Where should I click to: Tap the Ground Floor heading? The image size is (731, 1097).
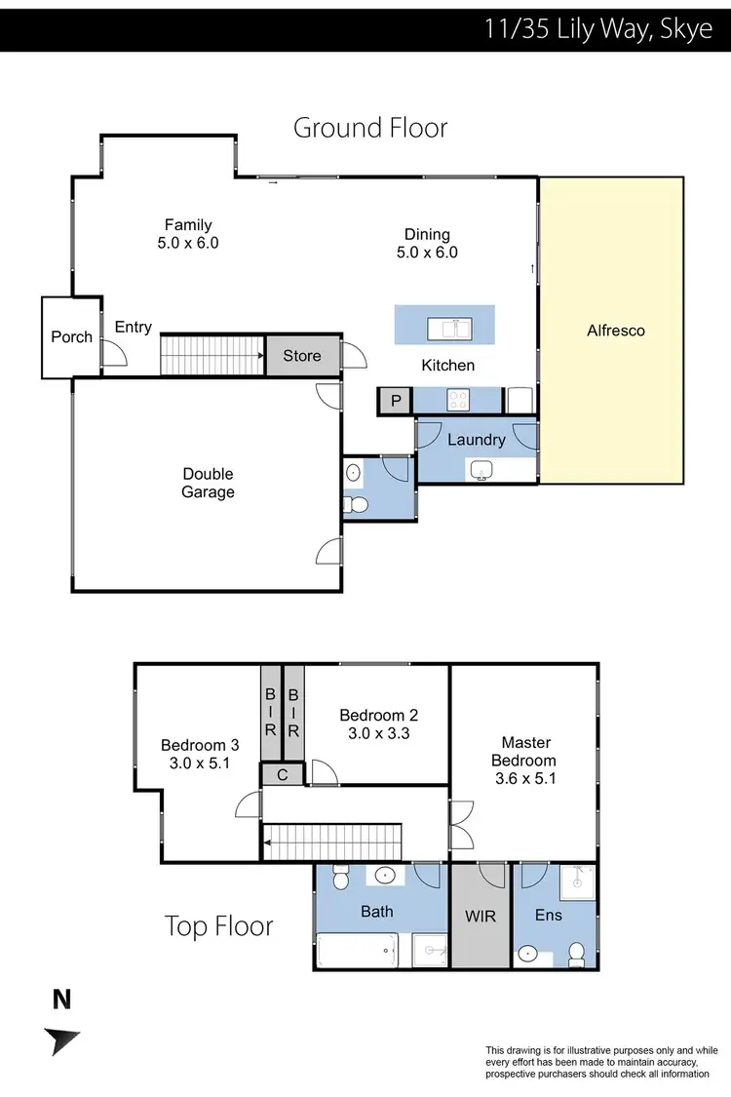370,128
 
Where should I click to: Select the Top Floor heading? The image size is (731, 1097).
218,925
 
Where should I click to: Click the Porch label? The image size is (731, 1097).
71,337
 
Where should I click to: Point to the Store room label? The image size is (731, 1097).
302,356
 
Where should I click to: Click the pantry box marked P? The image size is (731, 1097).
395,401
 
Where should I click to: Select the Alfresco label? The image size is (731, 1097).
615,331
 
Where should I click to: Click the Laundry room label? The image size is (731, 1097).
477,440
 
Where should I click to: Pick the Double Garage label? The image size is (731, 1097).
208,483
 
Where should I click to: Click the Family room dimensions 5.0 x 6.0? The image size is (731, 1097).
188,243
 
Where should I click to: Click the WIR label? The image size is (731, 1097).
480,917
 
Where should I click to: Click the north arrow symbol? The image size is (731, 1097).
61,1040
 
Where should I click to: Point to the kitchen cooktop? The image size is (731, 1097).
458,400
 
